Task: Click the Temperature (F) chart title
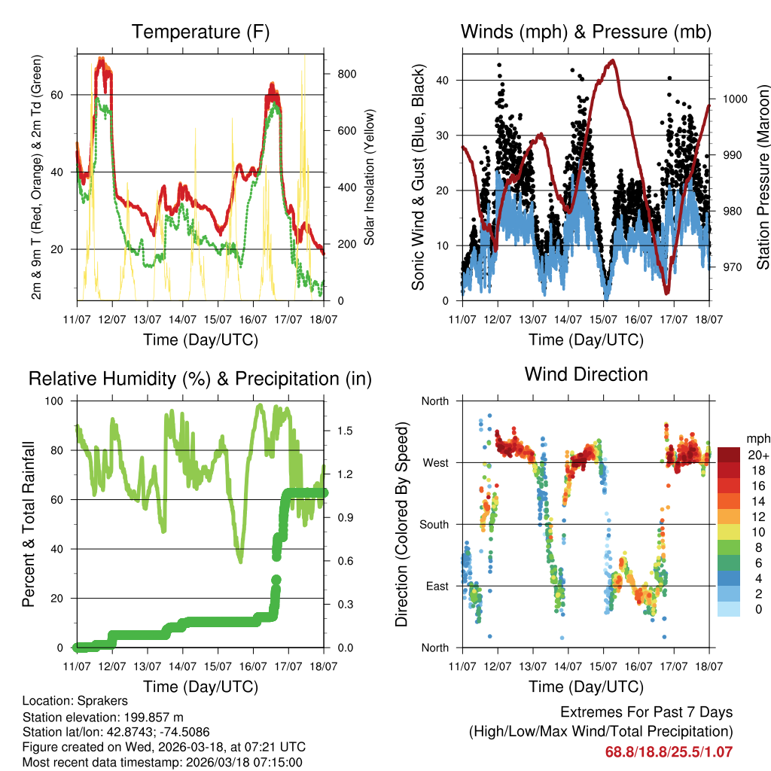point(200,32)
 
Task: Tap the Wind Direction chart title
point(586,374)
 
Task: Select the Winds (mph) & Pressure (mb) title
point(586,32)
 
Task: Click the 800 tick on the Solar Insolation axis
point(347,74)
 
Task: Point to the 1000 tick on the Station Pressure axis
point(735,99)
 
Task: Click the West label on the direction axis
point(435,462)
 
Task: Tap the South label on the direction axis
point(434,524)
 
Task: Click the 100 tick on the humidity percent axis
point(56,401)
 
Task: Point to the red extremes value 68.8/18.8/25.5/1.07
point(669,751)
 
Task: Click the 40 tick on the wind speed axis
point(444,80)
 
